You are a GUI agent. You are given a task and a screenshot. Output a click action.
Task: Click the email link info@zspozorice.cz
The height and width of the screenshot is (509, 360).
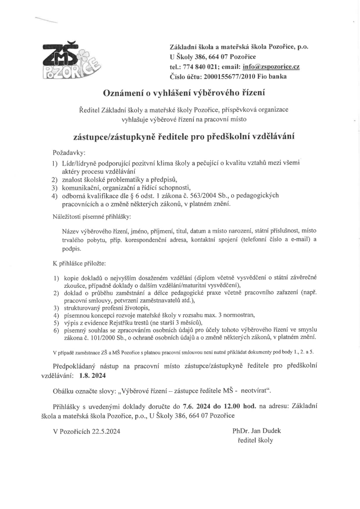(270, 67)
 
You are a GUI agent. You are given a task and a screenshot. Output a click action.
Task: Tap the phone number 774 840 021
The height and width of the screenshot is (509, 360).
(199, 67)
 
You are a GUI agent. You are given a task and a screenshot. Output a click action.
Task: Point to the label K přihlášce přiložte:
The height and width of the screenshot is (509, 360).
(79, 262)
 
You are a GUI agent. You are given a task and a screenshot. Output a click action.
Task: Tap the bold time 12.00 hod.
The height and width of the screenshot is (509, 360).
(241, 405)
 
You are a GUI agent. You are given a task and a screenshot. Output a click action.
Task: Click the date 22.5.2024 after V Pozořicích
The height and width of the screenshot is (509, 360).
(106, 431)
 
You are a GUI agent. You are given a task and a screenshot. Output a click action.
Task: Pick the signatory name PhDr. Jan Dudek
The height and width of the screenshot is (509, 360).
(256, 430)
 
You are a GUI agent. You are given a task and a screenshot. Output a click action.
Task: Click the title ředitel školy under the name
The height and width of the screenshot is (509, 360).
(256, 440)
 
